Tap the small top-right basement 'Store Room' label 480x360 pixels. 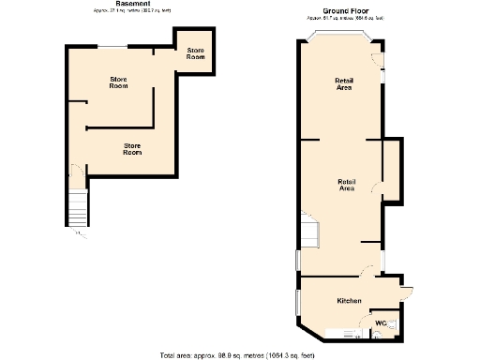pyautogui.click(x=195, y=53)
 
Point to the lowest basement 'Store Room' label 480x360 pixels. pyautogui.click(x=132, y=148)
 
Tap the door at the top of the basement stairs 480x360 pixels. pyautogui.click(x=76, y=174)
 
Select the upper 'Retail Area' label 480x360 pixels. pyautogui.click(x=343, y=84)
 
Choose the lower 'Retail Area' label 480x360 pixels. pyautogui.click(x=346, y=185)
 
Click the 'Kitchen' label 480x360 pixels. pyautogui.click(x=349, y=300)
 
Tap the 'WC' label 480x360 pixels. pyautogui.click(x=380, y=323)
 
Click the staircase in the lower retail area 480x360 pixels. pyautogui.click(x=309, y=231)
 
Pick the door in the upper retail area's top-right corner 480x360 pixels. pyautogui.click(x=377, y=58)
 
